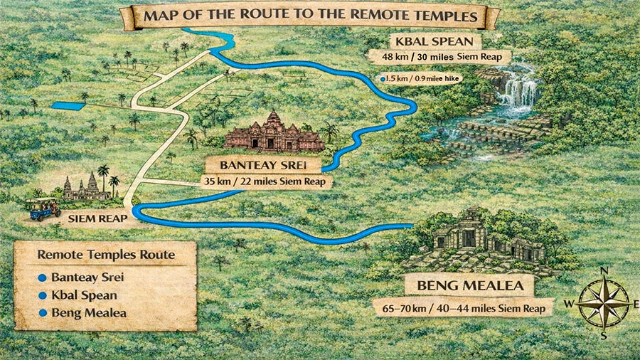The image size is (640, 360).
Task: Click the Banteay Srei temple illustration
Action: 274,133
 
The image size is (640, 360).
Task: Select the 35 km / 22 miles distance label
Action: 268,181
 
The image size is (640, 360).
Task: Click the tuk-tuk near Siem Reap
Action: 43,206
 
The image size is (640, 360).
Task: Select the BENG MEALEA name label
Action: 469,287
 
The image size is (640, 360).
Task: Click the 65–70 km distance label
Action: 464,308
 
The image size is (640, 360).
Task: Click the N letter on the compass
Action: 604,271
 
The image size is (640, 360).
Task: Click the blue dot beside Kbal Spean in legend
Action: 42,295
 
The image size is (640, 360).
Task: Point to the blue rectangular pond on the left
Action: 68,105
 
